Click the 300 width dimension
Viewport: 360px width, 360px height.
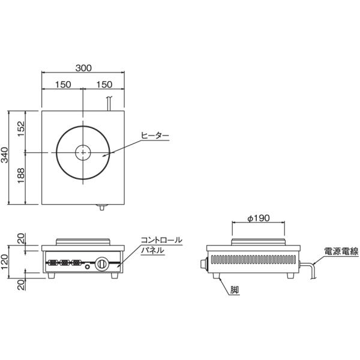(x=83, y=68)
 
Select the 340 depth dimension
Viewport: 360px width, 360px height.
(x=5, y=155)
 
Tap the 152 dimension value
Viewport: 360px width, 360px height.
(x=21, y=129)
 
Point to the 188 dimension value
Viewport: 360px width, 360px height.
(x=21, y=175)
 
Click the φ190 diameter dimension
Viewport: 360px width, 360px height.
(x=259, y=218)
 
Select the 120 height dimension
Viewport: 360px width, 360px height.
(x=5, y=262)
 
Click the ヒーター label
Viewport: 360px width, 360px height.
(x=155, y=136)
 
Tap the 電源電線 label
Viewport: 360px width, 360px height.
(x=341, y=251)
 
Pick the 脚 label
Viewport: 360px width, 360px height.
(x=235, y=290)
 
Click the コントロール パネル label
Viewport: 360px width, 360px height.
(x=161, y=245)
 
